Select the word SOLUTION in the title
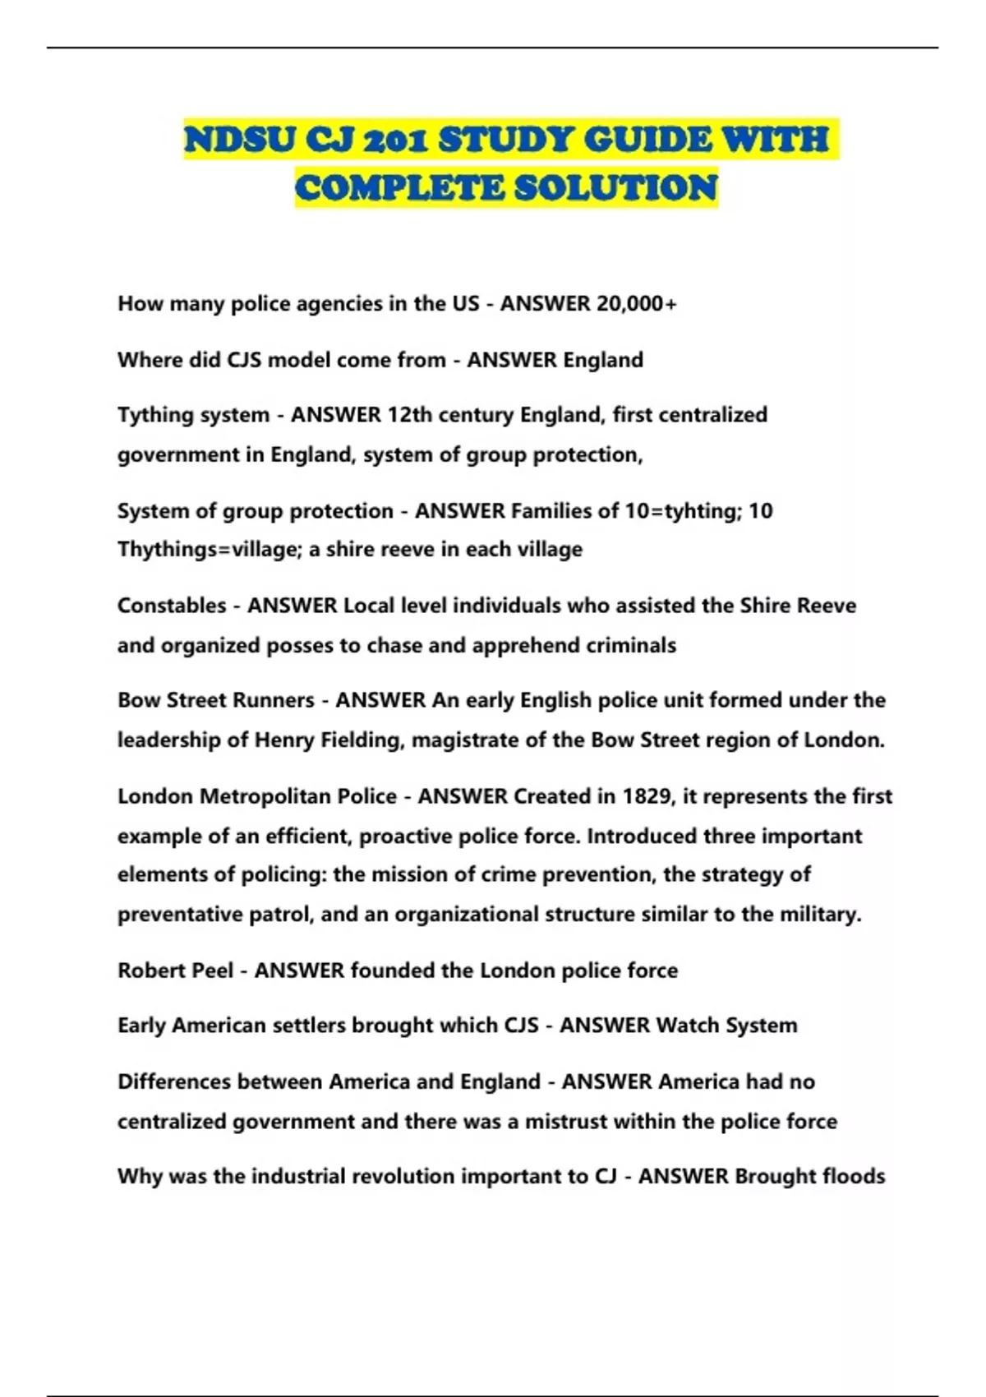pyautogui.click(x=615, y=188)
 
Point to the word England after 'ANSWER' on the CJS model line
pyautogui.click(x=598, y=360)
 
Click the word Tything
pyautogui.click(x=154, y=415)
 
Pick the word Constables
pyautogui.click(x=172, y=606)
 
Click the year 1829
pyautogui.click(x=647, y=796)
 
